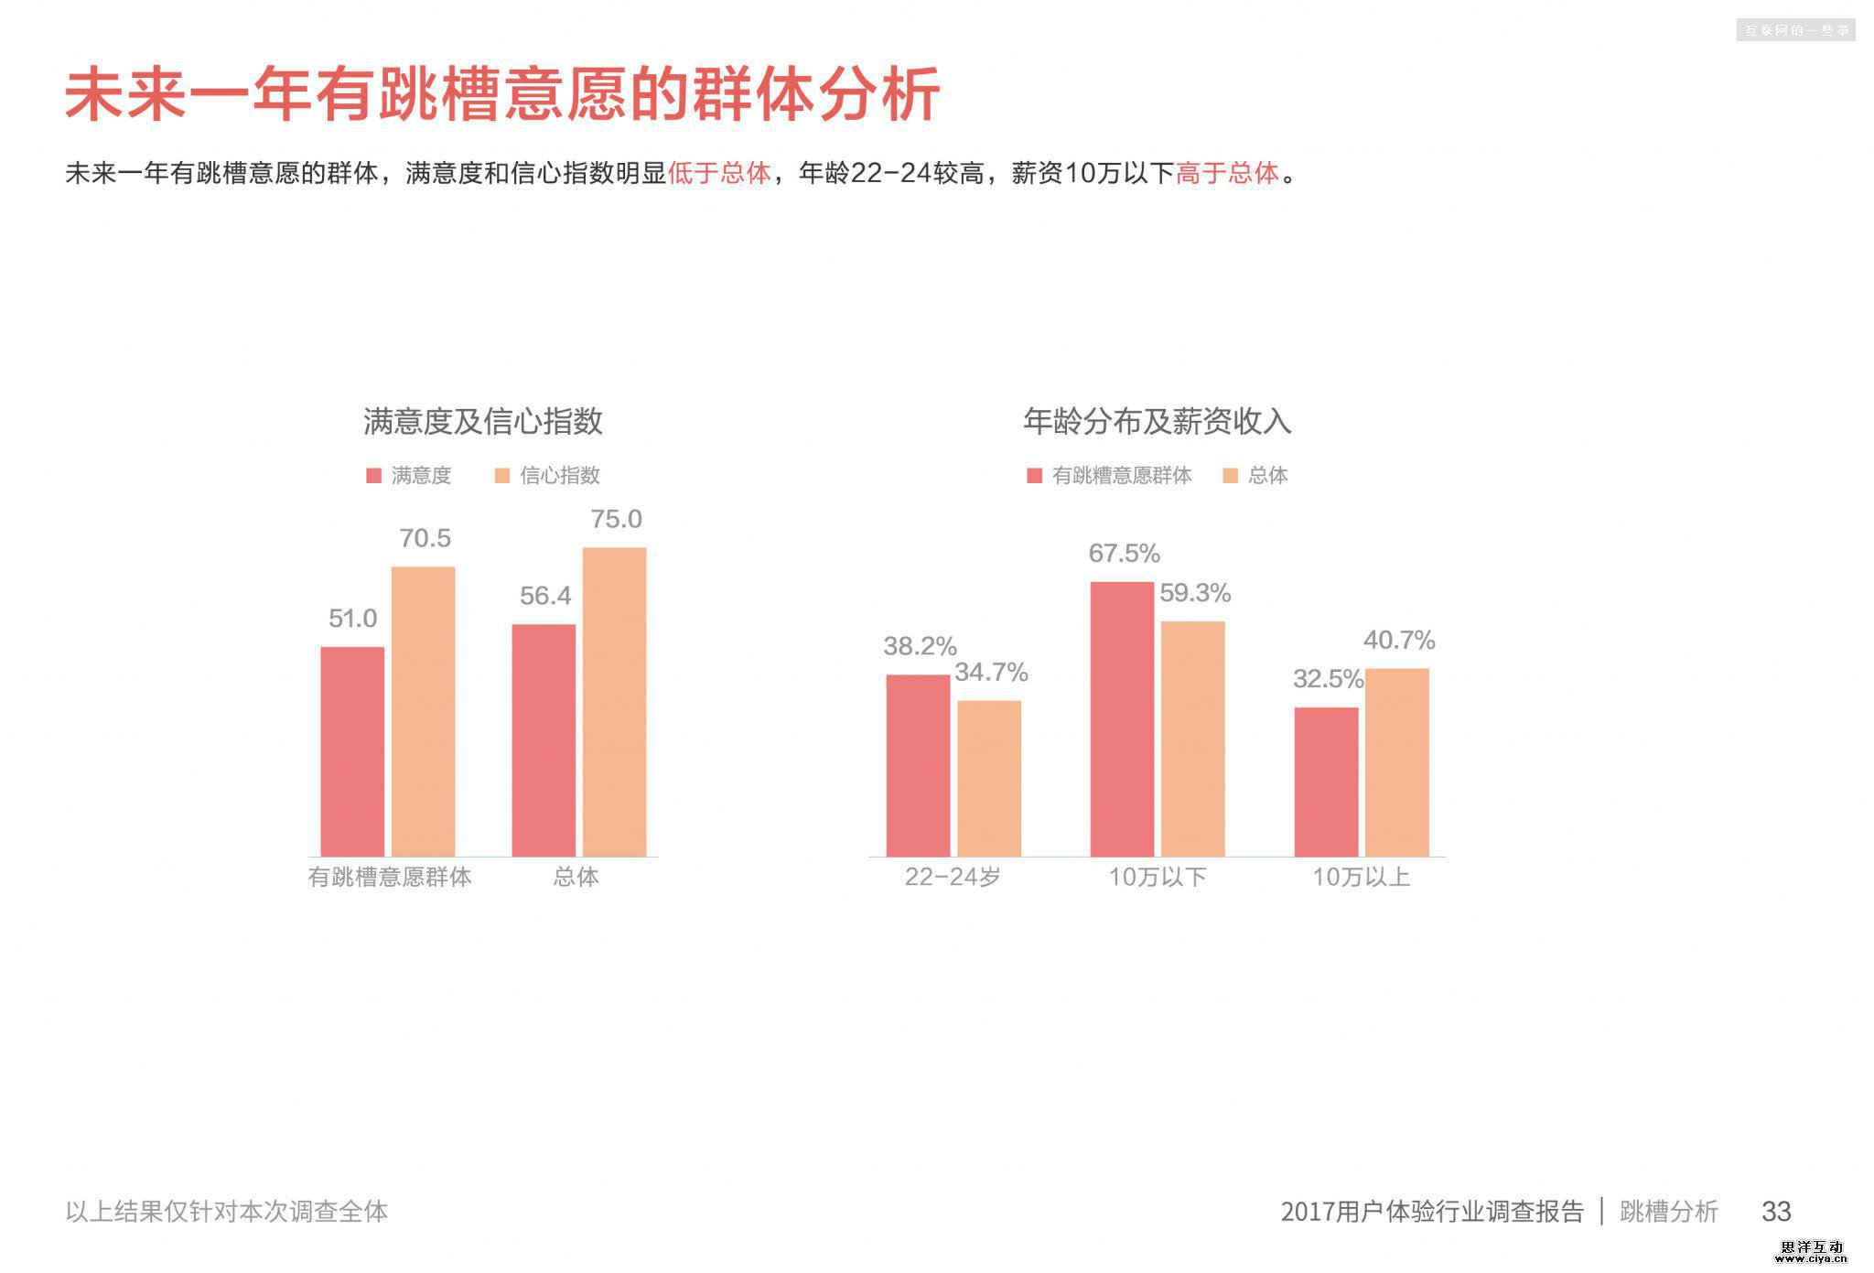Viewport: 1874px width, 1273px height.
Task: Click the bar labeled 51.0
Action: (x=352, y=751)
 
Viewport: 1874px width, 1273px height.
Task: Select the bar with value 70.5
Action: (x=423, y=711)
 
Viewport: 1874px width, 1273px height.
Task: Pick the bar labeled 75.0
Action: (x=614, y=702)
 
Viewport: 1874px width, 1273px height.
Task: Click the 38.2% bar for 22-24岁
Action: (x=918, y=765)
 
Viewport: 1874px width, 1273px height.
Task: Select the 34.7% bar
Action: (x=989, y=778)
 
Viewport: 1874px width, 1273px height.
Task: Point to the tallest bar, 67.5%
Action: (x=1122, y=718)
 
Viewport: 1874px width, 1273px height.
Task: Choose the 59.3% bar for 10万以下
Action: (x=1192, y=739)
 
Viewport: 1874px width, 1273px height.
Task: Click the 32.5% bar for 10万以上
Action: (x=1326, y=782)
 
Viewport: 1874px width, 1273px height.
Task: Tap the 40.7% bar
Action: (x=1396, y=762)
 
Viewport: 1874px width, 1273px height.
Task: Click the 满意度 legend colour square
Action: (x=373, y=476)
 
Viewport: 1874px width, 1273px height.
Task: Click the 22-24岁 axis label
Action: (x=953, y=877)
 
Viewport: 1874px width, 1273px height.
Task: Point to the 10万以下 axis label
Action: (x=1158, y=877)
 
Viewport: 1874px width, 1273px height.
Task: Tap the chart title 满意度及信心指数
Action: (x=483, y=422)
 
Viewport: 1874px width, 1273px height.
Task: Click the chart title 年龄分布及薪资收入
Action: (x=1157, y=422)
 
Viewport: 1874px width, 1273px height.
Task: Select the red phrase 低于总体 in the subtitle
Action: (x=719, y=173)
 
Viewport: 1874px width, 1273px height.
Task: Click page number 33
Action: (x=1775, y=1211)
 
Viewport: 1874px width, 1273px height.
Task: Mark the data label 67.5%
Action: (x=1124, y=554)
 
